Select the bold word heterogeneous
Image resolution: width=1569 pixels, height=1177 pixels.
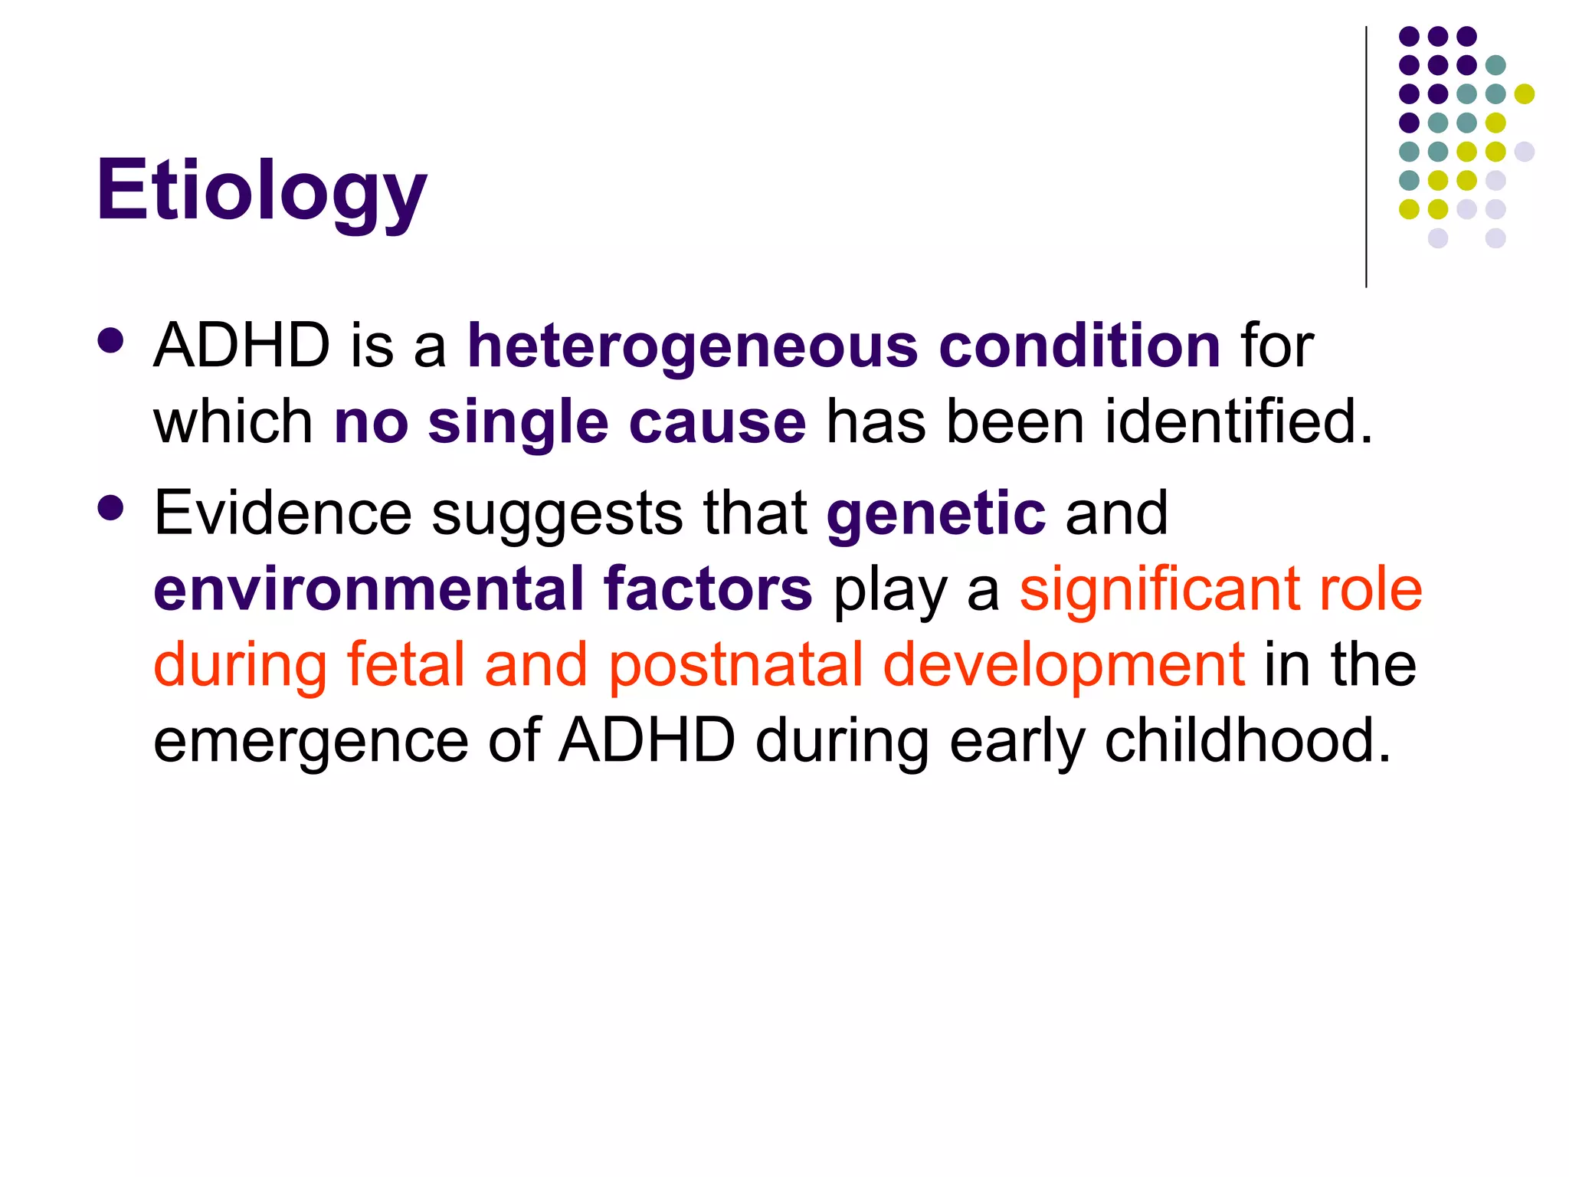693,346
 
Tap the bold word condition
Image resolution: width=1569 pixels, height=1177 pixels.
1079,346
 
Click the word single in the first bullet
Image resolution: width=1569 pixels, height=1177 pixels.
518,422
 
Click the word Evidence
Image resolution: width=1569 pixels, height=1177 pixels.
283,513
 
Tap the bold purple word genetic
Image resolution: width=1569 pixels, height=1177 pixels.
935,514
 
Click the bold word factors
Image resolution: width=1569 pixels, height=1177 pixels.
707,588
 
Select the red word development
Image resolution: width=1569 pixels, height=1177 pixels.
1063,666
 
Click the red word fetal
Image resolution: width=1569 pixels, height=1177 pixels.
406,664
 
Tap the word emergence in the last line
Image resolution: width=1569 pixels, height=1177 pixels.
310,742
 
